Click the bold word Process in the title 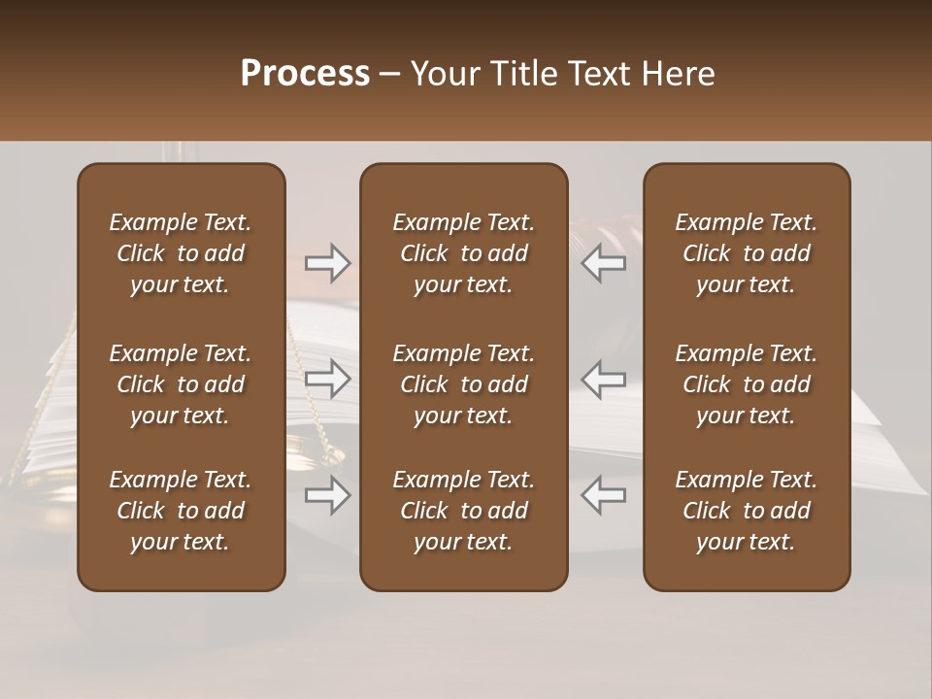click(305, 74)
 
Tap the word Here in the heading click(677, 74)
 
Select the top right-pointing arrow click(328, 263)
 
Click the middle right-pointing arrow click(328, 379)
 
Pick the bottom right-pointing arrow click(328, 495)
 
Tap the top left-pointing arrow click(603, 263)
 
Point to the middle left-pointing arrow click(603, 379)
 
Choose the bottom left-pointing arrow click(603, 495)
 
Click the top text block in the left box click(181, 253)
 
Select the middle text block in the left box click(181, 384)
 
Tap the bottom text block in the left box click(181, 511)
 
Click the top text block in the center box click(464, 253)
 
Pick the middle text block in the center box click(464, 384)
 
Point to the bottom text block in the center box click(464, 511)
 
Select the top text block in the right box click(747, 253)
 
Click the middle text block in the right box click(747, 384)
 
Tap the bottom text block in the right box click(747, 511)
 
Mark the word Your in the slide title click(446, 74)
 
